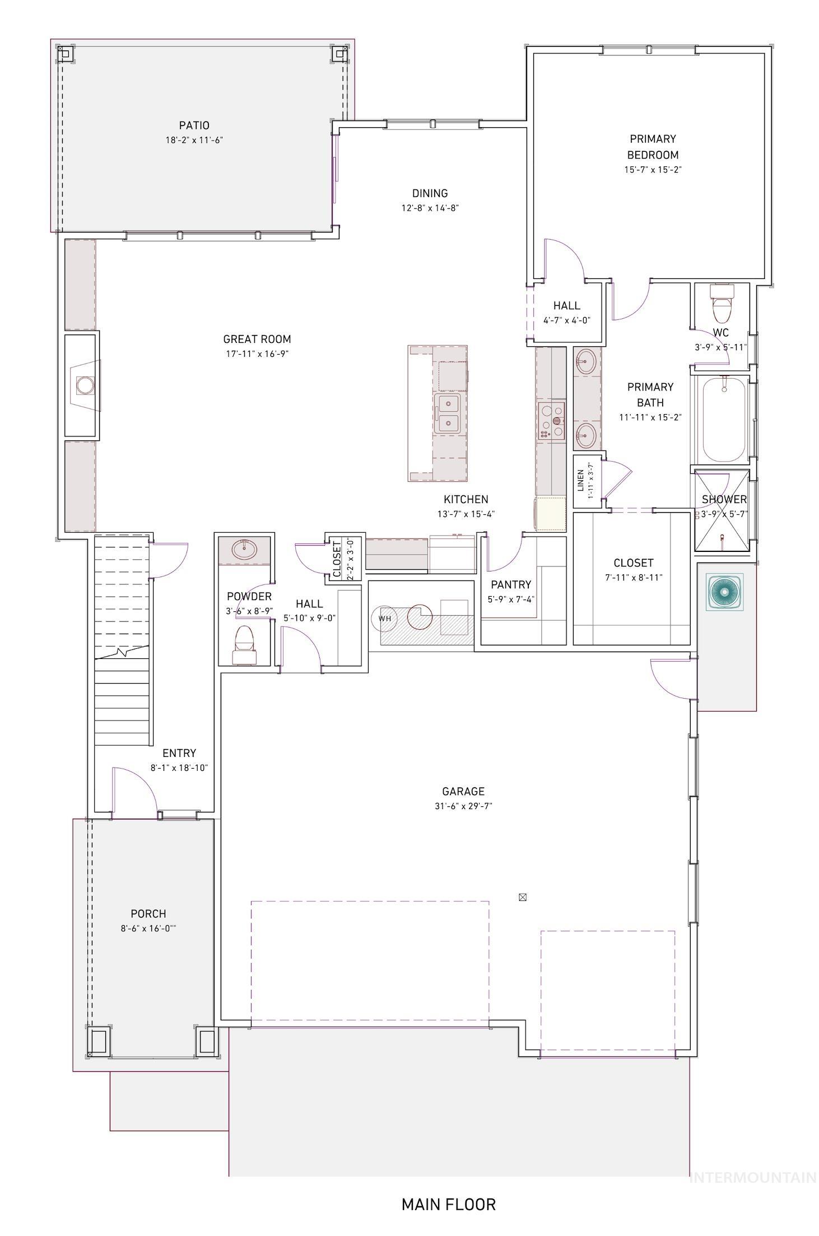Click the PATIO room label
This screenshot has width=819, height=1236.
pos(194,126)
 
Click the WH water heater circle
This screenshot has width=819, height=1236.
pos(384,619)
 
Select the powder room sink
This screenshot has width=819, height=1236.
pos(245,550)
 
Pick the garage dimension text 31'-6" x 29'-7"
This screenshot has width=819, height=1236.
pos(463,806)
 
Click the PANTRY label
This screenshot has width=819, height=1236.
pos(510,584)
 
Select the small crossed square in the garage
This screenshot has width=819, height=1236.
pos(522,897)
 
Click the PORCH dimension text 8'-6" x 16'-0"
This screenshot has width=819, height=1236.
pos(148,928)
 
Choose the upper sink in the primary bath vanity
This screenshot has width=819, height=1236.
pos(585,360)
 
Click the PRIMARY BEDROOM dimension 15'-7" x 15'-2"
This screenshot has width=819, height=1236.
pos(652,169)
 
